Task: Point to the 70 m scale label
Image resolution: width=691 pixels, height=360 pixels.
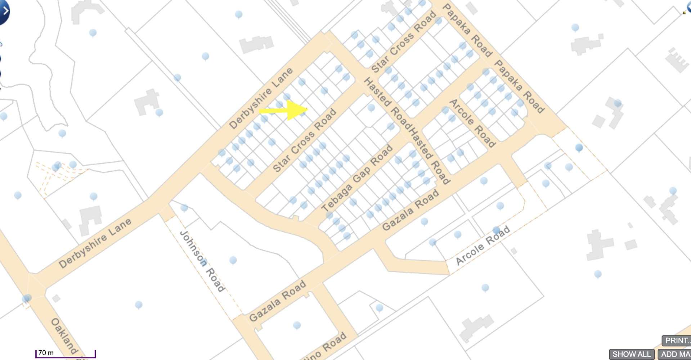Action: pyautogui.click(x=46, y=353)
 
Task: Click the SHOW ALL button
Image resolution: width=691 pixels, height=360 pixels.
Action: pyautogui.click(x=632, y=354)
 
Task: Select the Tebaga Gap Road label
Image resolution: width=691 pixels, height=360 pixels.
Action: pyautogui.click(x=356, y=178)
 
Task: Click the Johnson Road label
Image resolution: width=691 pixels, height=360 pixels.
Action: pyautogui.click(x=202, y=261)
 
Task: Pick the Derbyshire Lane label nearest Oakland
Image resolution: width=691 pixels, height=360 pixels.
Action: pyautogui.click(x=95, y=243)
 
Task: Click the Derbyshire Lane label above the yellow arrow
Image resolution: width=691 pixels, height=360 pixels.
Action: pyautogui.click(x=261, y=98)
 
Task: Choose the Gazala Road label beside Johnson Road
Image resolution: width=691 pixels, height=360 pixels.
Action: pyautogui.click(x=277, y=301)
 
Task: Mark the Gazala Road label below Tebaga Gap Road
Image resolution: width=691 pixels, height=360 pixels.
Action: pyautogui.click(x=410, y=210)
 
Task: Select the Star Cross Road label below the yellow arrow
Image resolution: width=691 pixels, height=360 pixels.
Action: pyautogui.click(x=305, y=140)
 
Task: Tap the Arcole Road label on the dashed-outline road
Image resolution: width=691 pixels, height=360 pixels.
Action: pyautogui.click(x=483, y=245)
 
